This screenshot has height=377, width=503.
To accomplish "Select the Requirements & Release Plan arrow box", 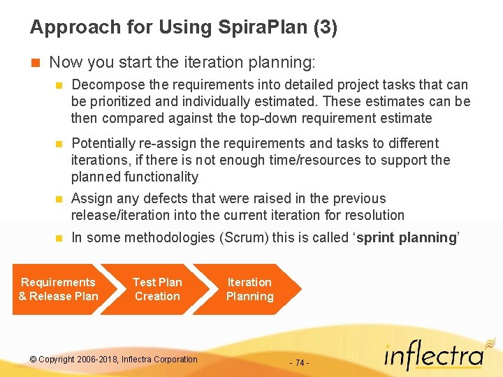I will pyautogui.click(x=59, y=289).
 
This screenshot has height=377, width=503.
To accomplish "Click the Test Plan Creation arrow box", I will pyautogui.click(x=157, y=289).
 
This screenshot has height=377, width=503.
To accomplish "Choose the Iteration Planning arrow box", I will pyautogui.click(x=249, y=289).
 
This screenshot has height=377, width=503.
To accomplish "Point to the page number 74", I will pyautogui.click(x=298, y=363).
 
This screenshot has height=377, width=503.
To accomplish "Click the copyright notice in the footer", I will pyautogui.click(x=114, y=360).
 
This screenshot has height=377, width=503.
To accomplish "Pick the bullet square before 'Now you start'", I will pyautogui.click(x=35, y=62).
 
